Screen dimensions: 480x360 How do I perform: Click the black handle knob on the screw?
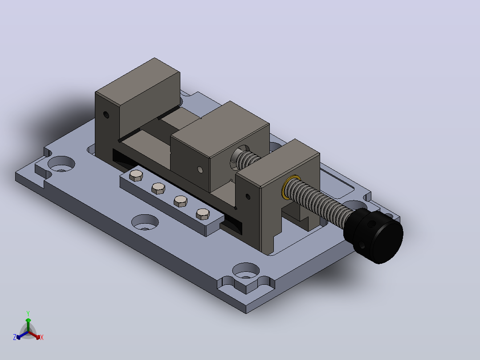[x=374, y=235]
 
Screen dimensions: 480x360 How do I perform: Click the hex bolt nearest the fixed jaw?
[x=136, y=176]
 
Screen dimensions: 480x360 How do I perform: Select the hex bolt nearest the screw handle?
[x=203, y=214]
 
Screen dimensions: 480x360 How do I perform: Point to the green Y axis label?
[x=28, y=313]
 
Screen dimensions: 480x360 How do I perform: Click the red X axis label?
[x=42, y=337]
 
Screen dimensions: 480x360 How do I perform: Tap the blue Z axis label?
[x=15, y=337]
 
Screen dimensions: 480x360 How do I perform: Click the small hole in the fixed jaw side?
[x=106, y=115]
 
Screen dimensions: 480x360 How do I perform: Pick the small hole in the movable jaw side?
[x=200, y=169]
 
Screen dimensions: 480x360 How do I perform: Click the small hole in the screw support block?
[x=248, y=196]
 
